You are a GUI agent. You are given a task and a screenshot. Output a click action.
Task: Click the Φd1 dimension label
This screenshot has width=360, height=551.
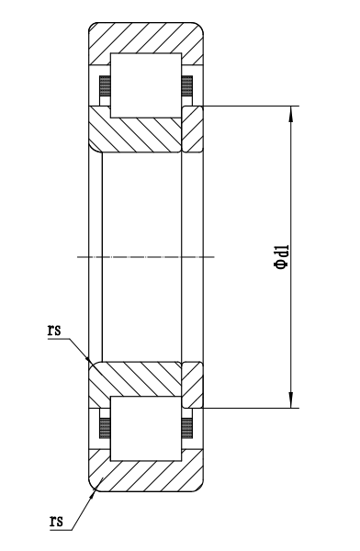(x=282, y=257)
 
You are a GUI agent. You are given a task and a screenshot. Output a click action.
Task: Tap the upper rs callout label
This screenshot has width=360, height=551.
(x=54, y=330)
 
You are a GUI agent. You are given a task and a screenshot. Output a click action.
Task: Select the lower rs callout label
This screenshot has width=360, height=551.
(x=56, y=521)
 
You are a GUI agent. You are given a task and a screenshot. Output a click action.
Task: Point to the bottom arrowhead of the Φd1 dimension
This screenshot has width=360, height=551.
(x=291, y=400)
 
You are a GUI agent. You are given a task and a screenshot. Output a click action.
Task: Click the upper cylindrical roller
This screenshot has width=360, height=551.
(x=146, y=85)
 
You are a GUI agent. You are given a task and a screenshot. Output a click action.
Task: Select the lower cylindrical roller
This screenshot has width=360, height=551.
(x=146, y=429)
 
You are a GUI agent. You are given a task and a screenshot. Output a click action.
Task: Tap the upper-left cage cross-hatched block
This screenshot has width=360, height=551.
(x=105, y=85)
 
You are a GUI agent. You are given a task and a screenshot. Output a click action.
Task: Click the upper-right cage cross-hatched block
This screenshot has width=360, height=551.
(x=187, y=85)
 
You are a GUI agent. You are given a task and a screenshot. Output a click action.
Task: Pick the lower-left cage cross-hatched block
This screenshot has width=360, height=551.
(x=105, y=428)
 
